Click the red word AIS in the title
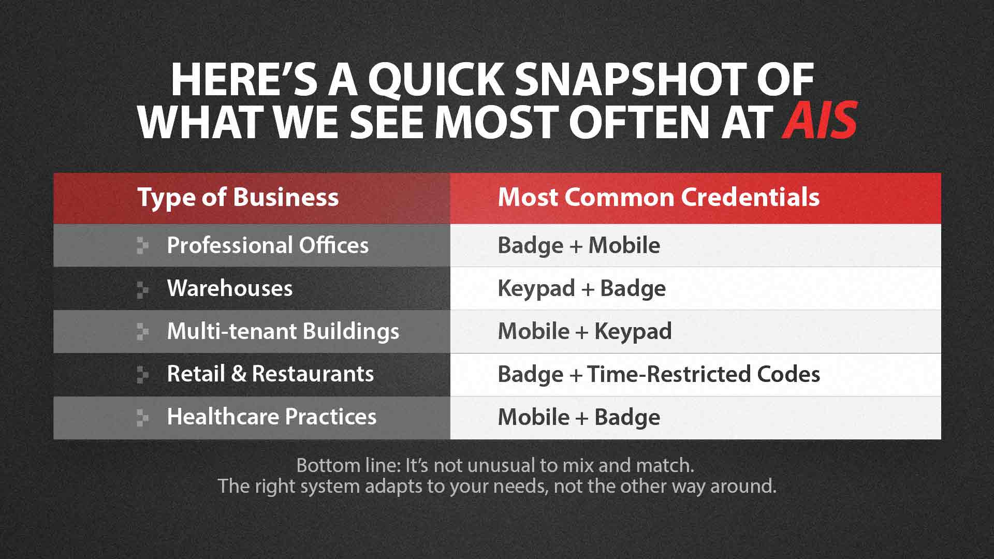[820, 121]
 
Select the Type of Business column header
[238, 197]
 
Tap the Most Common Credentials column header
[659, 197]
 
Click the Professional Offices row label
[268, 245]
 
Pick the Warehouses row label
[230, 288]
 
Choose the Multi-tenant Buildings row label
[283, 332]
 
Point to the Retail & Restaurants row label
[270, 374]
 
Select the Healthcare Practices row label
[272, 417]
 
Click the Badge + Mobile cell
[579, 246]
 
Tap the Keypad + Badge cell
[582, 289]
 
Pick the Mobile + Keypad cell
[584, 332]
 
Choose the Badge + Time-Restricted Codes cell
[659, 374]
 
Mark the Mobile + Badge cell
[579, 417]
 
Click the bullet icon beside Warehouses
[142, 290]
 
